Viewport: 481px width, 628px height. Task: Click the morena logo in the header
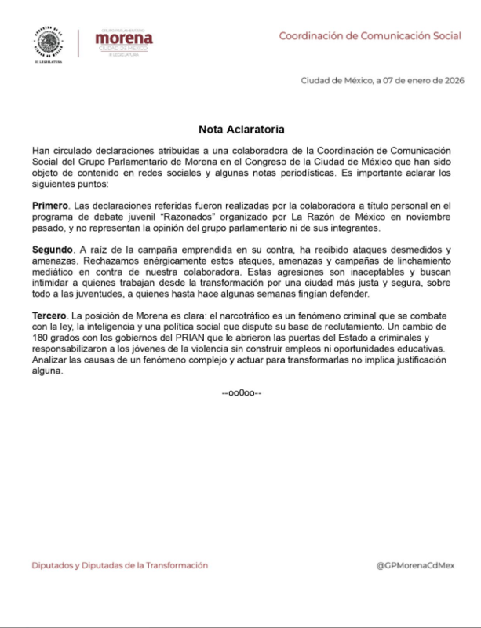pos(123,39)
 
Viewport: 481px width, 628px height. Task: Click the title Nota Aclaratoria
pos(241,128)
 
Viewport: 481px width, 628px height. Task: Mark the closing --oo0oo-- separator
pos(241,392)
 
